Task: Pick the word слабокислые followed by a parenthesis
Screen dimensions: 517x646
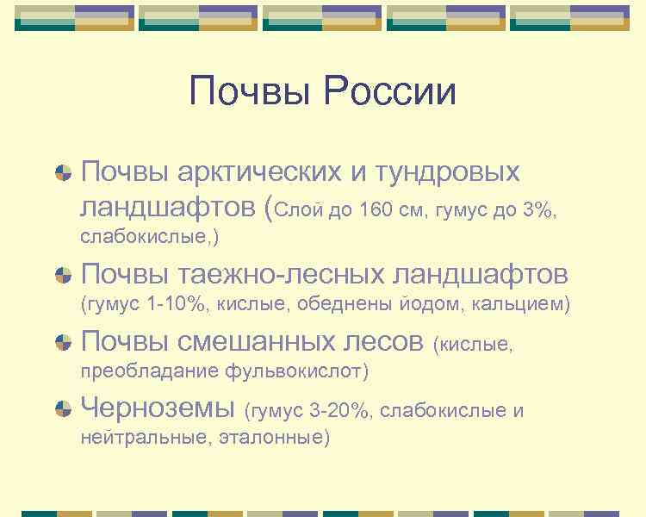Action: click(x=147, y=235)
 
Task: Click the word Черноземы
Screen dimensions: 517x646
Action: click(x=158, y=407)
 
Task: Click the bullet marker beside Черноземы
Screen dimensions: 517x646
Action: click(x=63, y=408)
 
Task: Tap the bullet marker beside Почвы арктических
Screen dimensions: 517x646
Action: click(x=63, y=172)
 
